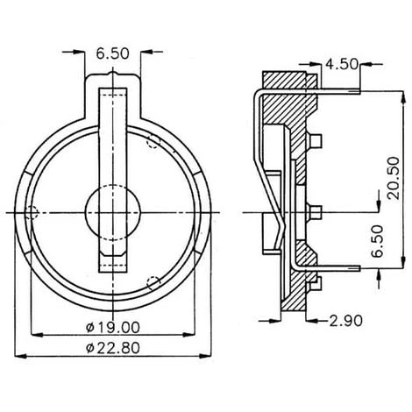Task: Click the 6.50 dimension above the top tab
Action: click(x=112, y=54)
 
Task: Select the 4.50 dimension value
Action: click(x=342, y=64)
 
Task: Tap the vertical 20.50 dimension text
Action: click(x=394, y=178)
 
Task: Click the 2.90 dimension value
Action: click(x=346, y=321)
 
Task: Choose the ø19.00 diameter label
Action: click(x=113, y=328)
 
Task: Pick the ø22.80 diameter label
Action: click(x=113, y=348)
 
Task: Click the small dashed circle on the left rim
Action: click(x=32, y=212)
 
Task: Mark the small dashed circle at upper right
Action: click(x=154, y=141)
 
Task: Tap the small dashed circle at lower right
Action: click(x=154, y=283)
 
